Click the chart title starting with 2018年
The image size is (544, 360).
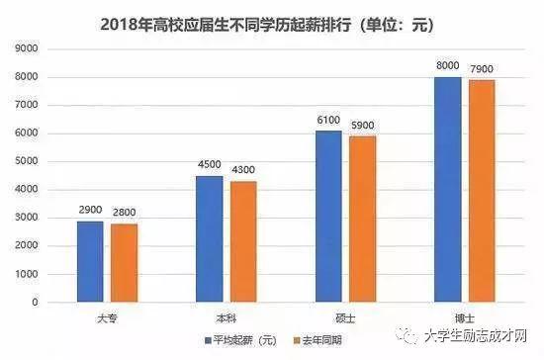click(x=272, y=22)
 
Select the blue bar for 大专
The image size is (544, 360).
click(x=90, y=261)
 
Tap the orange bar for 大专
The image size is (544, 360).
click(x=124, y=263)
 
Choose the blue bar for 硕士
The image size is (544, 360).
click(x=329, y=217)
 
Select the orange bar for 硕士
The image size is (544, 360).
click(x=363, y=220)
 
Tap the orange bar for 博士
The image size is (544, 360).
click(x=482, y=191)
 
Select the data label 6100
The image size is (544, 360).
click(x=329, y=121)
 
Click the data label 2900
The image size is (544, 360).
click(x=90, y=211)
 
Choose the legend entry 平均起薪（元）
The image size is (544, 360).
click(x=241, y=341)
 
